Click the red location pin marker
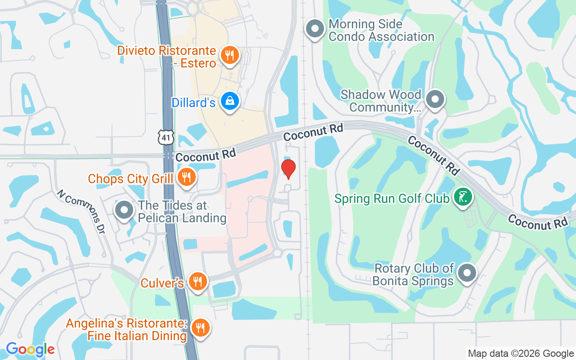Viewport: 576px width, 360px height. pos(288,169)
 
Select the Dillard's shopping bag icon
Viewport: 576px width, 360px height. pos(230,102)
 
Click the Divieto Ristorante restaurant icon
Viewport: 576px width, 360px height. pos(230,56)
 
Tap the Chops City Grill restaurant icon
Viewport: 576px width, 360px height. pos(185,178)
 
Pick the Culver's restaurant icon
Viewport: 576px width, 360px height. pos(197,282)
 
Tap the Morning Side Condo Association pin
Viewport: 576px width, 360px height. pos(315,29)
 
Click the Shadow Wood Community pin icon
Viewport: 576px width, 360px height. pos(435,100)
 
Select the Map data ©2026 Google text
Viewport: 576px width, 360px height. pos(520,354)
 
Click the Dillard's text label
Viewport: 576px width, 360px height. pos(193,103)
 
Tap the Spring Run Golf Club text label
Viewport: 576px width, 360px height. pos(392,198)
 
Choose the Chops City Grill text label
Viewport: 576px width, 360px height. pos(130,179)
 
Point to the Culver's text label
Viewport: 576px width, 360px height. pos(162,283)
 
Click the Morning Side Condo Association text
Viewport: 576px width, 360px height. pos(381,30)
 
